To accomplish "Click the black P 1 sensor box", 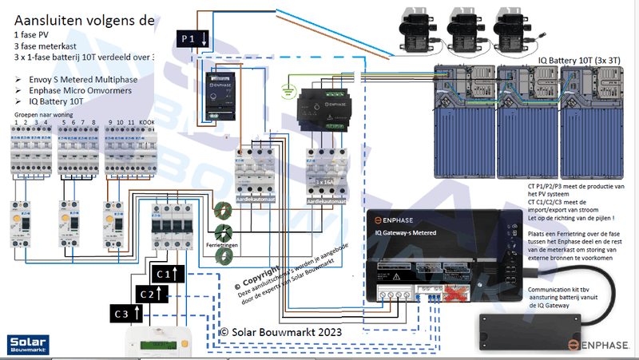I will pos(192,38).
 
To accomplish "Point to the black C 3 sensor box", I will pos(125,314).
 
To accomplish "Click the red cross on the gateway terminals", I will pos(454,295).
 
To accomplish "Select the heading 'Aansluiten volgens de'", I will pos(84,20).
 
